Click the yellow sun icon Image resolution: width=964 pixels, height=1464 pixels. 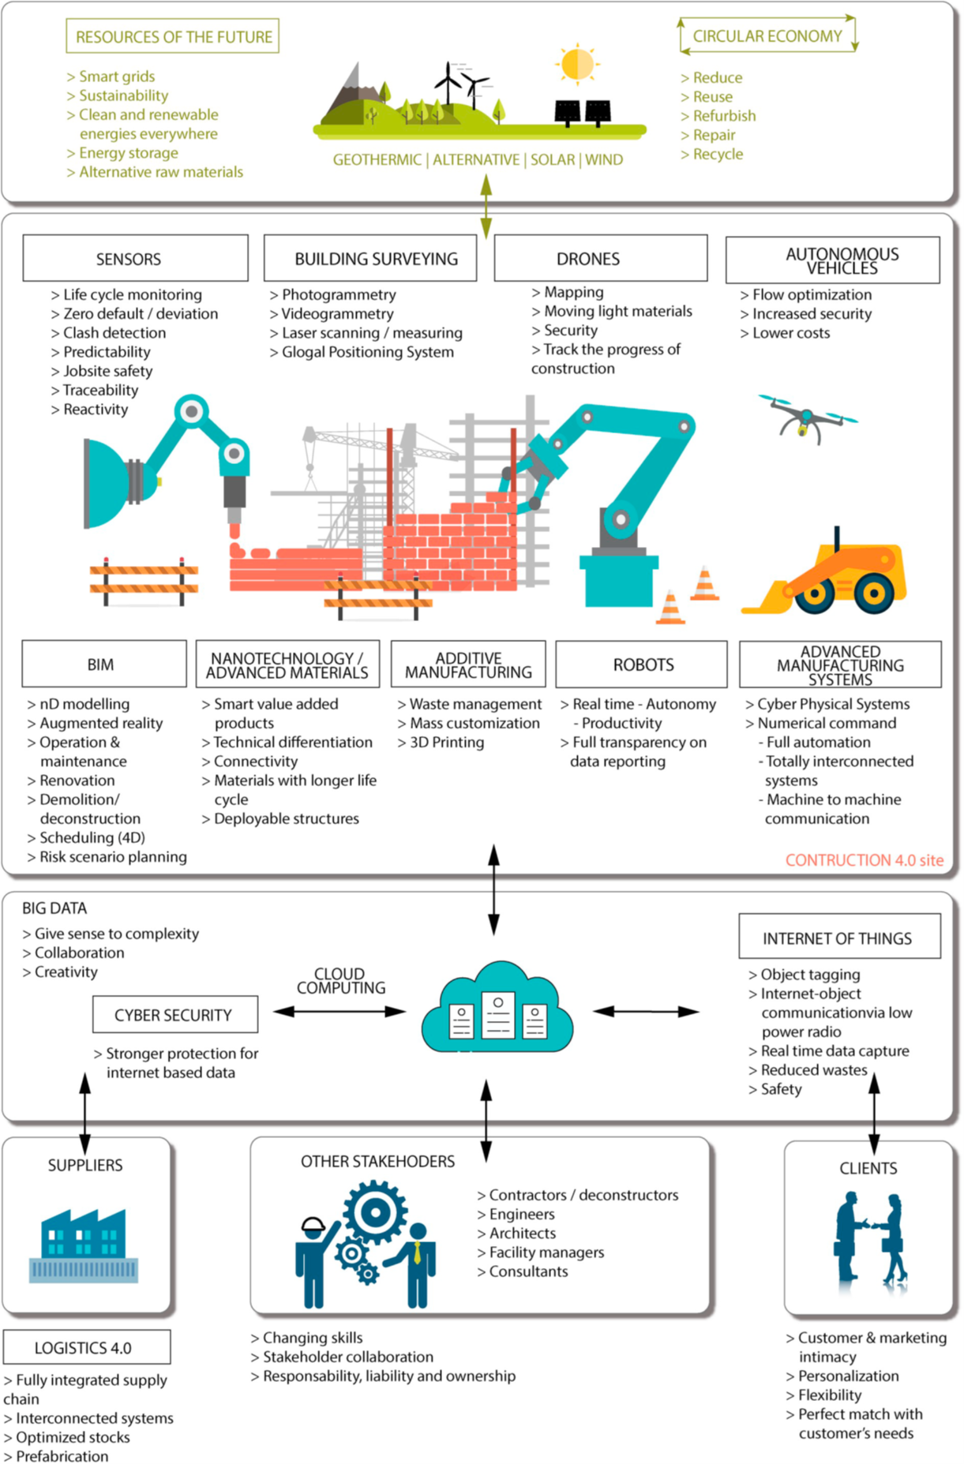[577, 64]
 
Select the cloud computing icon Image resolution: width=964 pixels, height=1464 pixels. [497, 1009]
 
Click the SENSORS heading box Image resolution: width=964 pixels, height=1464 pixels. [135, 258]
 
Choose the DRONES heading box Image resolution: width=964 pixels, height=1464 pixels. [600, 258]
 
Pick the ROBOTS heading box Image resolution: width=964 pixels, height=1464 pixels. [641, 665]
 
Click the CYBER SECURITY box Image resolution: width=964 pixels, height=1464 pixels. [174, 1015]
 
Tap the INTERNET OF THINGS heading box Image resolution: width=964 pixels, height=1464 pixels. [838, 938]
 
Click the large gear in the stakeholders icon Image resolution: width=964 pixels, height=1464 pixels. [375, 1211]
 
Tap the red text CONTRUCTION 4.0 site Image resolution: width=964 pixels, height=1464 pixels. [864, 860]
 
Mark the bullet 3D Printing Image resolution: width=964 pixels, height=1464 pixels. [446, 742]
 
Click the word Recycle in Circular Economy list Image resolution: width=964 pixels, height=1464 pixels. [717, 154]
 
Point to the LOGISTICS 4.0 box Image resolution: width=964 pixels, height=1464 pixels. [86, 1347]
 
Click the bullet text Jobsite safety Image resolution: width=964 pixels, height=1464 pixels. [107, 371]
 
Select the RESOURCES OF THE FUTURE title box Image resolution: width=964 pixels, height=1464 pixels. [172, 36]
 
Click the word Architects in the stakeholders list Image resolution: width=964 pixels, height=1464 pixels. [522, 1233]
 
